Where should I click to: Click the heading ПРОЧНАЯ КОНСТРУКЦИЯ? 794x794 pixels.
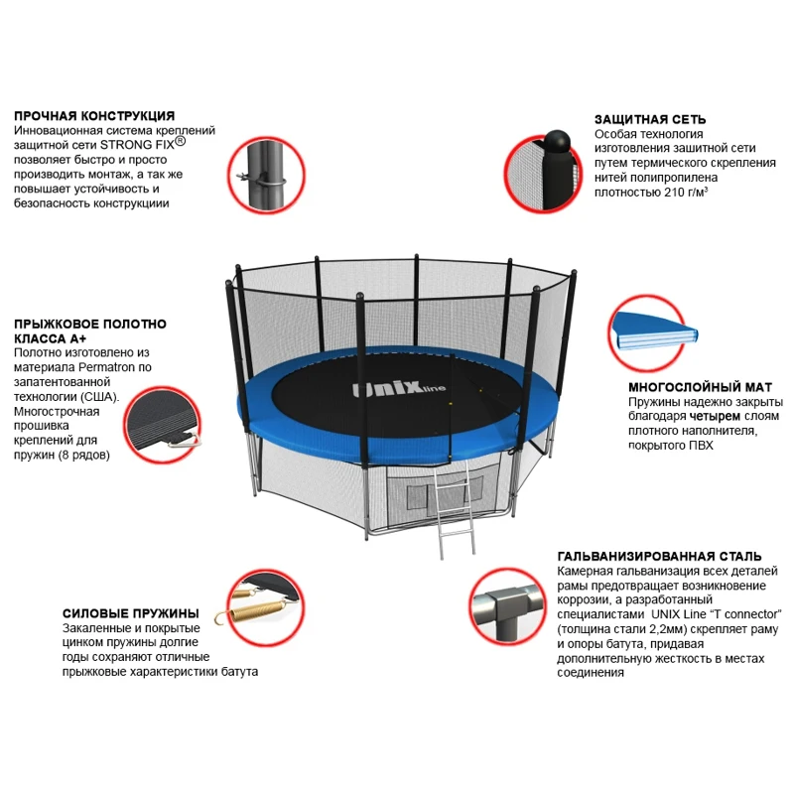(x=94, y=116)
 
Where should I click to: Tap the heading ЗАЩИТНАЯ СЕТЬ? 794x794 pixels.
(x=646, y=117)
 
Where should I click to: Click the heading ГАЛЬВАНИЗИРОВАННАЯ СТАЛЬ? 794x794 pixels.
(x=660, y=556)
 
